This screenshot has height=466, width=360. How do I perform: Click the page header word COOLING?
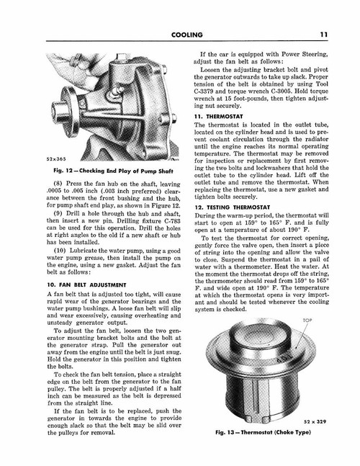pos(180,33)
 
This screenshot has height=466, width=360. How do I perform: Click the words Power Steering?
pos(302,53)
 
